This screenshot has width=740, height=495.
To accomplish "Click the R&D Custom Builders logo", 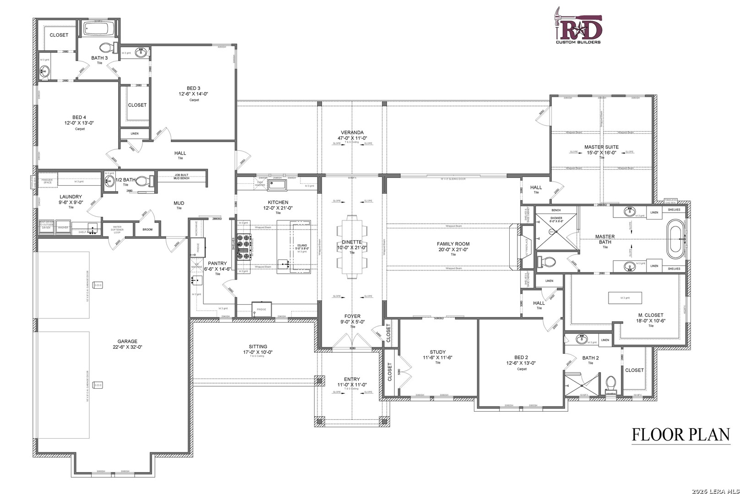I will point(578,26).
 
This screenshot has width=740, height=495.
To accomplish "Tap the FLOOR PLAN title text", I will point(680,434).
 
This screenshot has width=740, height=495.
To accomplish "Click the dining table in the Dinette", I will point(352,247).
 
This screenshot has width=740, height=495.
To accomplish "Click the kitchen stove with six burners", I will point(245,247).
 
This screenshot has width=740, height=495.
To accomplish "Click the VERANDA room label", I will point(352,132).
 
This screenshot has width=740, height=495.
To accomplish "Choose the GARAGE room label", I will point(127,341).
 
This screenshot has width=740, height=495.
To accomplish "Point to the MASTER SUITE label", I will point(601,147).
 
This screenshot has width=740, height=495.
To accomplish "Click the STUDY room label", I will point(438,352).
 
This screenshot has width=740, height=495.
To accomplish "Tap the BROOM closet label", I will point(147,229).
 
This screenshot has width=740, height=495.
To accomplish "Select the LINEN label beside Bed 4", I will point(134,134).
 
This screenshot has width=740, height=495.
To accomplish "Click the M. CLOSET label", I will point(651,315).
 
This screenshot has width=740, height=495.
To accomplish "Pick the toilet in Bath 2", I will point(610,382).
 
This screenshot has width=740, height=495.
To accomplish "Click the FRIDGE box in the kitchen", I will point(261,309).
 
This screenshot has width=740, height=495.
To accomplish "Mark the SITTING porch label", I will point(258,347).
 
